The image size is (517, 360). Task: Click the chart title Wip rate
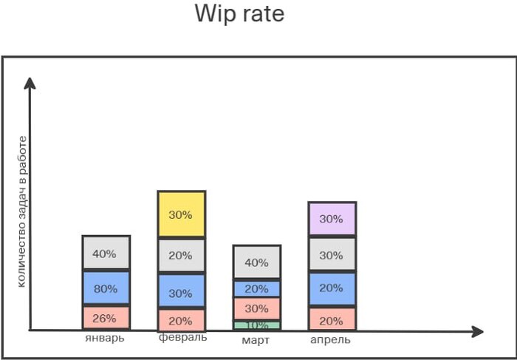click(239, 13)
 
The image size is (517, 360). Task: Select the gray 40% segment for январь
click(106, 254)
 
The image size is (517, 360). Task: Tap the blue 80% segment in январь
click(106, 288)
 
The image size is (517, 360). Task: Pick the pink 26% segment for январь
click(106, 318)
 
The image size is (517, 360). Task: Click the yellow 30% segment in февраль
click(181, 214)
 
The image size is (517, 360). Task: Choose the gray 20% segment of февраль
click(181, 256)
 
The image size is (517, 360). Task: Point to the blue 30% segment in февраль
click(181, 292)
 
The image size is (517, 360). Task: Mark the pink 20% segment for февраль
click(181, 320)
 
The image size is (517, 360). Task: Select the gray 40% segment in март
click(256, 262)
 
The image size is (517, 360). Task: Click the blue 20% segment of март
click(256, 289)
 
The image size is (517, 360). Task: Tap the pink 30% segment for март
click(256, 308)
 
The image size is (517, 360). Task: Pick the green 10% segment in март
click(256, 325)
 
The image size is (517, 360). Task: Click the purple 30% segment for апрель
click(332, 219)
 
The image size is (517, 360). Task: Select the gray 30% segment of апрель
click(332, 255)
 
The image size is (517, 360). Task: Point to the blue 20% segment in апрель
click(332, 288)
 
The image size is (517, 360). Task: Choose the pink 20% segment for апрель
click(332, 320)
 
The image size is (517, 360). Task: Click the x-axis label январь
click(106, 339)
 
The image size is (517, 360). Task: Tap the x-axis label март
click(256, 340)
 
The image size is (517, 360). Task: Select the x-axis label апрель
click(330, 340)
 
